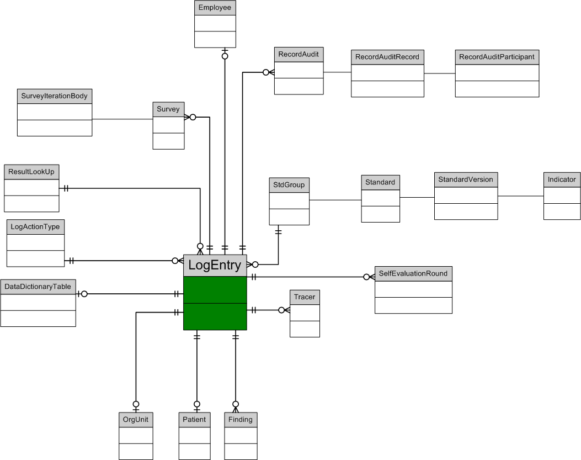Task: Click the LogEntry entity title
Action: click(x=215, y=266)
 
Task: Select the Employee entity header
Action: click(x=215, y=8)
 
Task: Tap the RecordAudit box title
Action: click(x=299, y=55)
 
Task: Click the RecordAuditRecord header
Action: click(x=387, y=57)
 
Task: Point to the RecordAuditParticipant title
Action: click(x=497, y=57)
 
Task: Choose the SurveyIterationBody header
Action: click(x=54, y=96)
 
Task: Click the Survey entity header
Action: click(x=168, y=109)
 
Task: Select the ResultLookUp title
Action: click(x=31, y=172)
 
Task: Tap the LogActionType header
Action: click(x=35, y=226)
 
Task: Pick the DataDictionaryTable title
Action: click(x=38, y=287)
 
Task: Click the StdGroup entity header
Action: click(x=289, y=184)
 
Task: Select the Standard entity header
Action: click(x=380, y=182)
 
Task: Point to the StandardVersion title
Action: click(x=466, y=179)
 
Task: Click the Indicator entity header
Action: click(x=562, y=179)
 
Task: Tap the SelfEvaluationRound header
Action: click(x=413, y=274)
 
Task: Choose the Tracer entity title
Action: click(x=305, y=297)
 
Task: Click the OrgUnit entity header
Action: click(x=136, y=420)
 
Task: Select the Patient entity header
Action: click(x=194, y=420)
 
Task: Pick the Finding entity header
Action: click(x=241, y=420)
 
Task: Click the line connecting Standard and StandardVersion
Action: click(x=417, y=197)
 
